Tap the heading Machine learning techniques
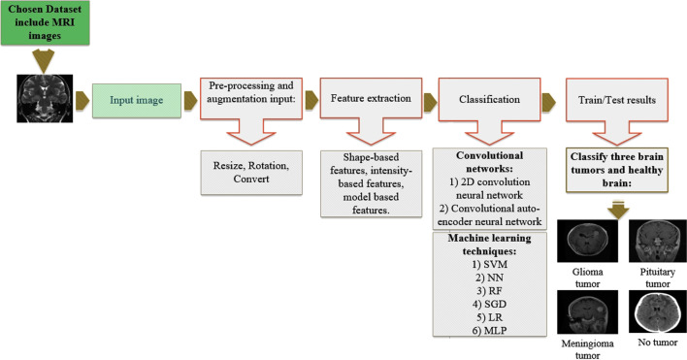(x=489, y=257)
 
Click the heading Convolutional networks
(x=489, y=160)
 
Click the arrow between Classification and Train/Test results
(x=548, y=99)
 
